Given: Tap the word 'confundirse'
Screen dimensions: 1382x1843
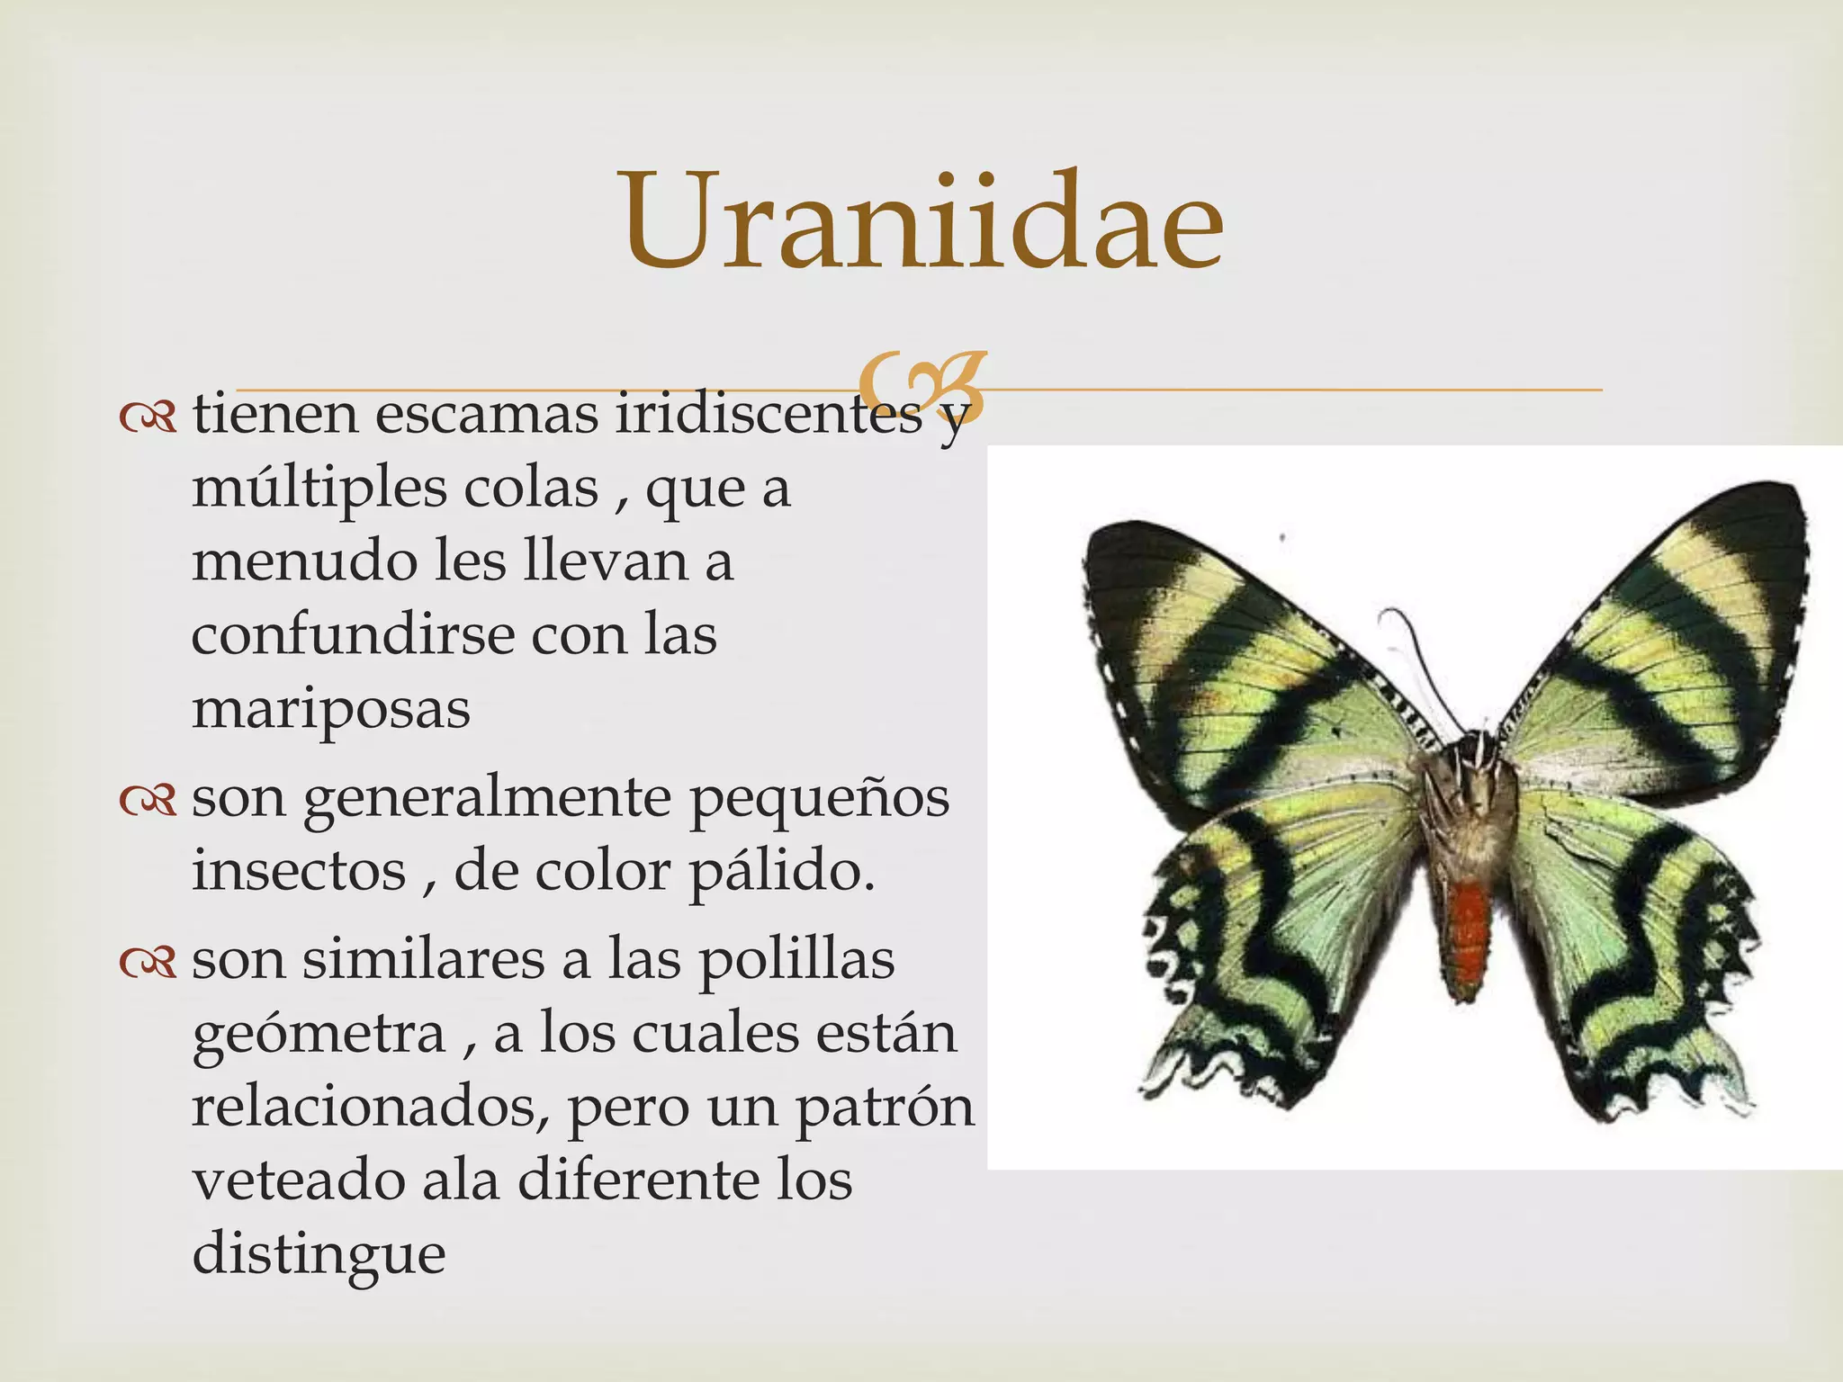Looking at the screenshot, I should pyautogui.click(x=351, y=635).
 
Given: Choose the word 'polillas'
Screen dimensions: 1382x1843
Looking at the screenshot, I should pyautogui.click(x=796, y=959).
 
